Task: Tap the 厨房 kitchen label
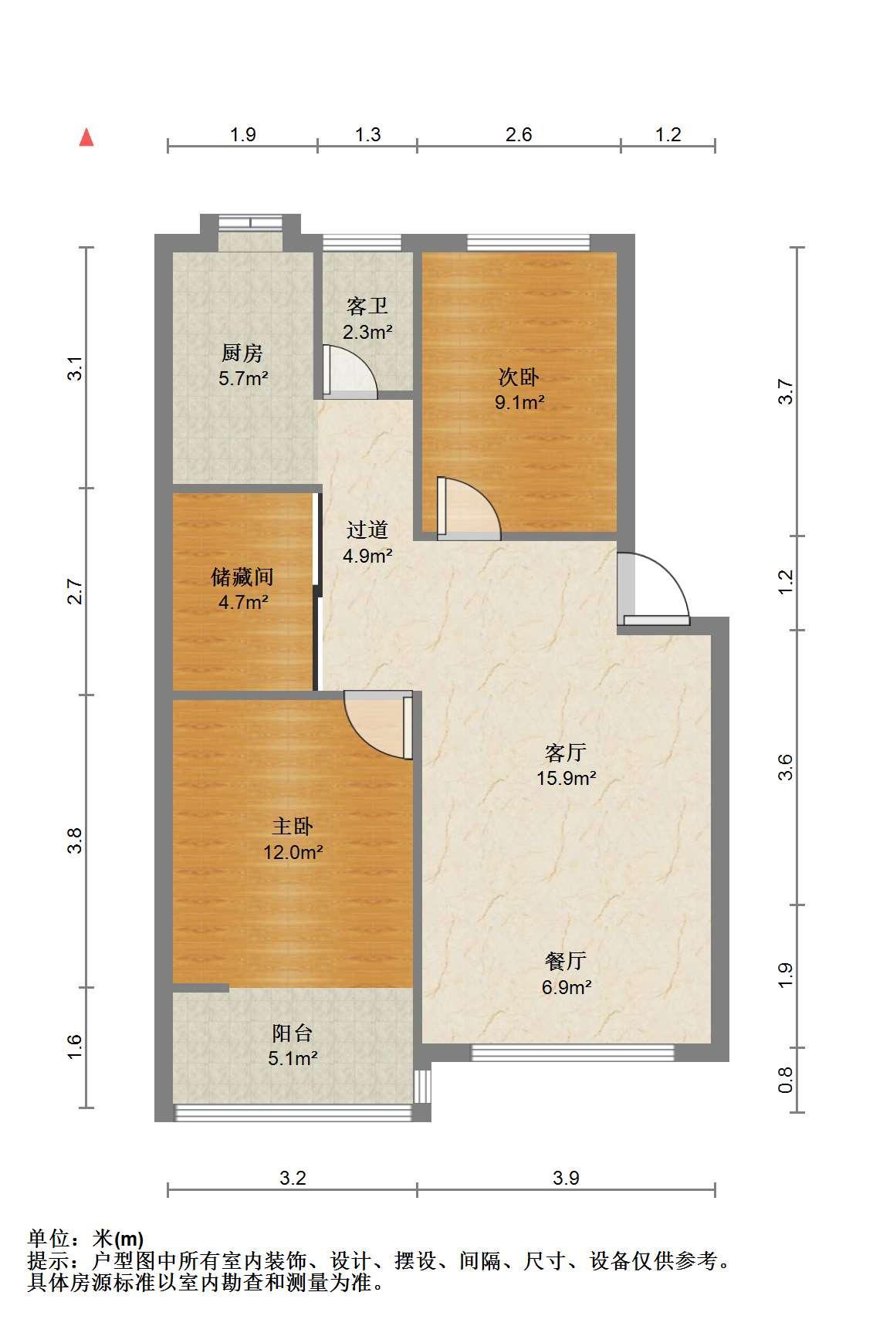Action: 242,353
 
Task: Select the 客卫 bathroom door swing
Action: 349,371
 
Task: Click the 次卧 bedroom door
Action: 469,508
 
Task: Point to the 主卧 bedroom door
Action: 379,725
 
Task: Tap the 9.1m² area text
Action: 520,402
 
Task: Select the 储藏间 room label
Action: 242,577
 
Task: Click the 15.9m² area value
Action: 567,778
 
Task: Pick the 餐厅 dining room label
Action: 566,961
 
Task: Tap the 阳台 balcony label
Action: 293,1033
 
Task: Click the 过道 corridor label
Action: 367,530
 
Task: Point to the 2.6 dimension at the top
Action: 519,134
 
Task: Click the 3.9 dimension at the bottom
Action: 566,1178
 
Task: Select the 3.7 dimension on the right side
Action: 786,391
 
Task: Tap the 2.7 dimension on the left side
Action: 75,591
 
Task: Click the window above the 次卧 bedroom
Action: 529,243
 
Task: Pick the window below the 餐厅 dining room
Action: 573,1053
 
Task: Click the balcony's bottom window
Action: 293,1113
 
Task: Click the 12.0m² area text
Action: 293,852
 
